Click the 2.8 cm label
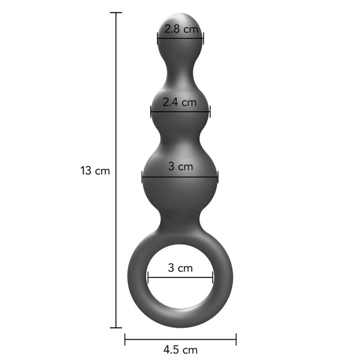[x=181, y=29]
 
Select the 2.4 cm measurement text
[x=180, y=102]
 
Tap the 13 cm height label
[x=95, y=171]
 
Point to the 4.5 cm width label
[x=180, y=350]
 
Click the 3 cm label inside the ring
[x=180, y=268]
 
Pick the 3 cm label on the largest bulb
[x=180, y=166]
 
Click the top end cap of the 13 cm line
[x=116, y=13]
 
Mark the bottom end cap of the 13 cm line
[x=116, y=327]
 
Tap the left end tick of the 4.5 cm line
[x=125, y=340]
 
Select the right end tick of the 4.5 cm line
[x=236, y=340]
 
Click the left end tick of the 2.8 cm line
[x=157, y=38]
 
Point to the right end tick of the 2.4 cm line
[x=210, y=111]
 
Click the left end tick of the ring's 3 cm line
[x=148, y=278]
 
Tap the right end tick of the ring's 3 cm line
[x=213, y=278]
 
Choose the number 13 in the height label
[x=86, y=171]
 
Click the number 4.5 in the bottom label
[x=171, y=350]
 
